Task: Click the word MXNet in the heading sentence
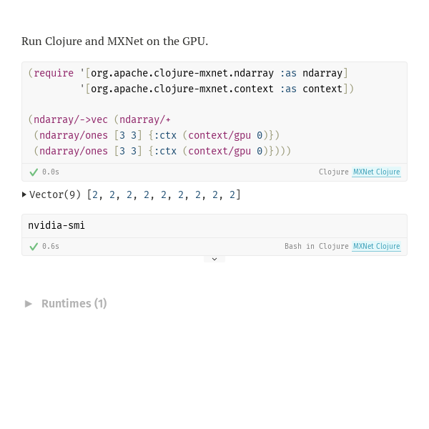point(125,41)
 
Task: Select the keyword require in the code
point(54,74)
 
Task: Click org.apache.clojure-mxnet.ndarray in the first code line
point(182,74)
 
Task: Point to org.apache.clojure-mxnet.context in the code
point(182,89)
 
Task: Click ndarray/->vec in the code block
point(71,120)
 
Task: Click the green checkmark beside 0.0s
point(34,172)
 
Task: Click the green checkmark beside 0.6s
point(34,247)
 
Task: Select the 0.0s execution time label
point(51,172)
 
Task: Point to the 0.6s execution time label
point(51,246)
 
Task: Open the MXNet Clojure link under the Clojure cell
point(377,172)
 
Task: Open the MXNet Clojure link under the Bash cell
point(377,246)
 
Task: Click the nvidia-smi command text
point(56,226)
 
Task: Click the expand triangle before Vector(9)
point(24,194)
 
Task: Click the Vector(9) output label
point(55,194)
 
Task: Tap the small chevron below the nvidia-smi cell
point(214,259)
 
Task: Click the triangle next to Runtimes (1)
point(29,304)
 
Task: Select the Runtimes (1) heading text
point(74,304)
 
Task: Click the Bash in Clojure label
point(317,246)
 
